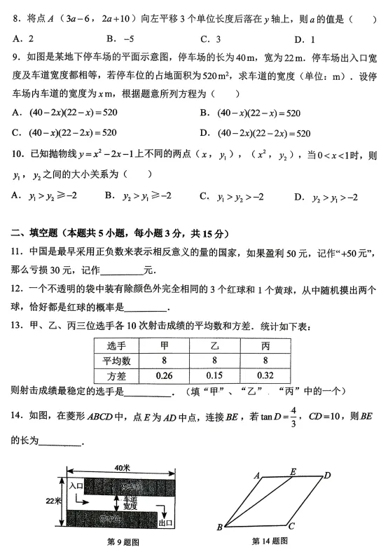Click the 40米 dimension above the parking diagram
coord(123,467)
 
